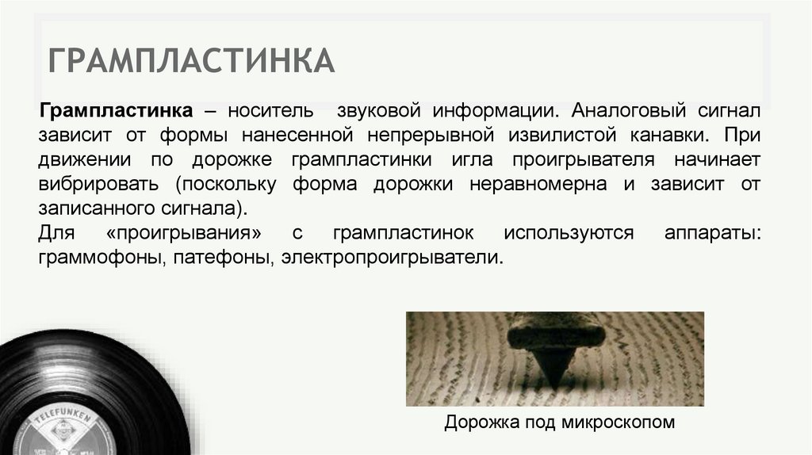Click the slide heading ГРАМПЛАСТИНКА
click(190, 62)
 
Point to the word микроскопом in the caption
click(618, 422)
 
